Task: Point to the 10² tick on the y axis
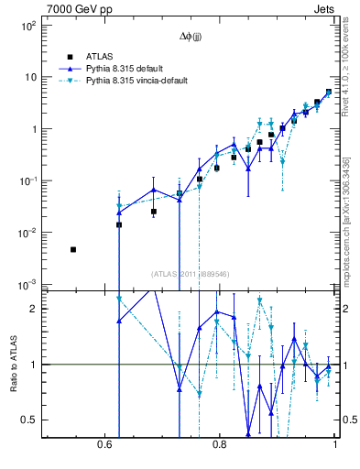27,26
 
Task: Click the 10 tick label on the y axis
29,78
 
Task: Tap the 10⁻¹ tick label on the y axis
27,182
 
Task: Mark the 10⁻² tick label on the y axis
27,234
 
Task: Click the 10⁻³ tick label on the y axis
27,286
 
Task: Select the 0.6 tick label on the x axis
103,444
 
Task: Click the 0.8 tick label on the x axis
219,444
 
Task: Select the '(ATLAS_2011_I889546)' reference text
190,273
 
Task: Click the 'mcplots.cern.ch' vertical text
346,220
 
